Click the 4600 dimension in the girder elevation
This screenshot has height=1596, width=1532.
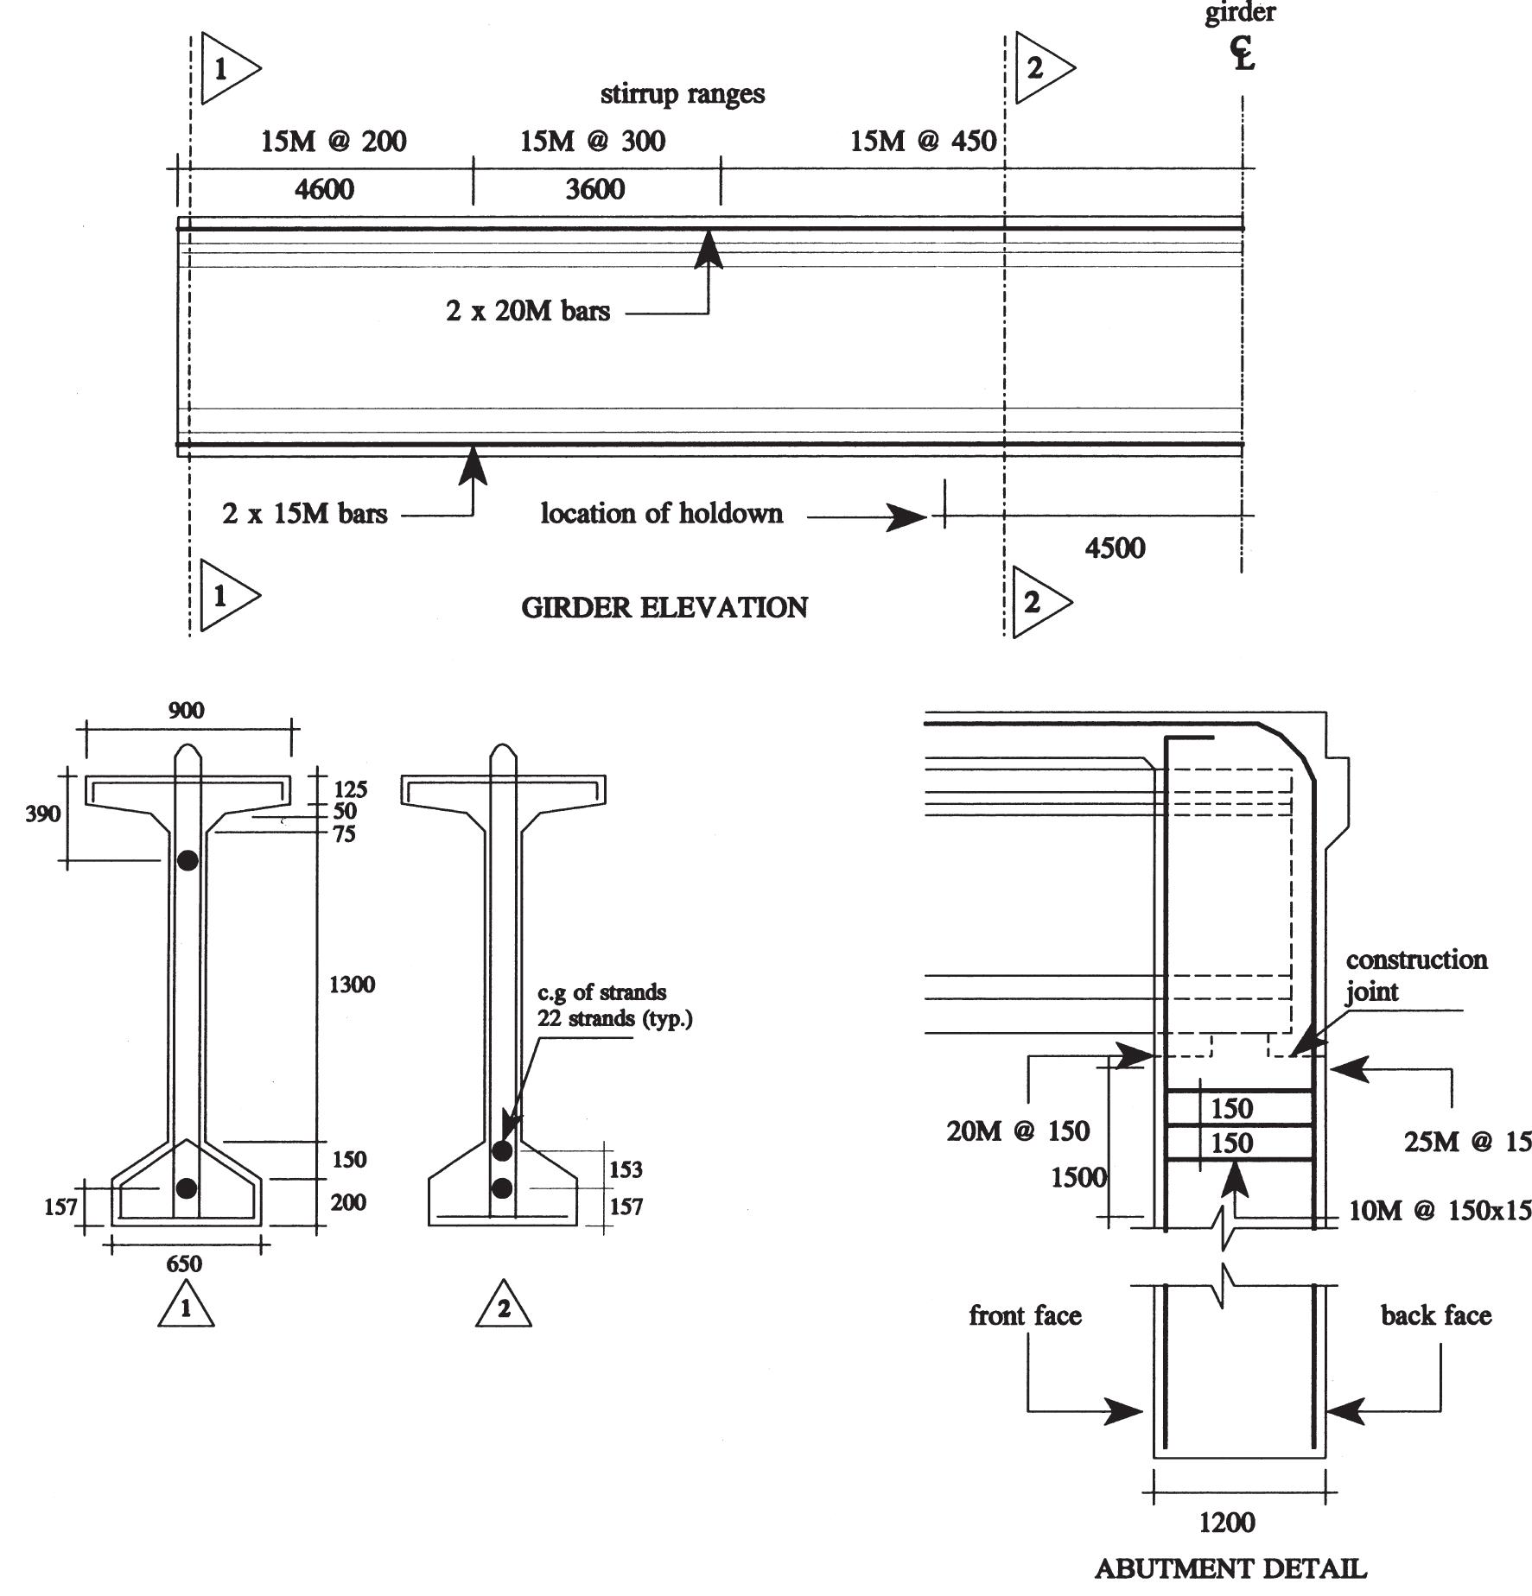pos(324,189)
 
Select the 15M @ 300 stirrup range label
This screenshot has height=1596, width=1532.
pos(593,141)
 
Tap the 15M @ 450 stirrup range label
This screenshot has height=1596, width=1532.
pos(923,141)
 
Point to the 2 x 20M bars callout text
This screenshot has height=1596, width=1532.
pos(528,311)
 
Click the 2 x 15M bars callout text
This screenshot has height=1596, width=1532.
pos(304,514)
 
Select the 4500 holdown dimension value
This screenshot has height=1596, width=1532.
pos(1115,548)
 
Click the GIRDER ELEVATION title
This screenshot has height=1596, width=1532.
pos(664,608)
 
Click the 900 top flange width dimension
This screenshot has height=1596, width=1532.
pos(186,711)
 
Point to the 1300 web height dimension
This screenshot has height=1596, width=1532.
pos(352,985)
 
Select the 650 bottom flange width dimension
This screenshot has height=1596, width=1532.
pos(184,1264)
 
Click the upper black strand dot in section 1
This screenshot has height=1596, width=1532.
pos(188,860)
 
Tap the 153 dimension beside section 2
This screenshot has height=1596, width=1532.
pos(626,1169)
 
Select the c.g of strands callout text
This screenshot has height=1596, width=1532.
pos(602,992)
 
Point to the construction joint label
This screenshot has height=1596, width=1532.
pos(1415,975)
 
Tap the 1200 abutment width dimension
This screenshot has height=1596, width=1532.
pos(1227,1522)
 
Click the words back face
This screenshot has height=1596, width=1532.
pos(1435,1315)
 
